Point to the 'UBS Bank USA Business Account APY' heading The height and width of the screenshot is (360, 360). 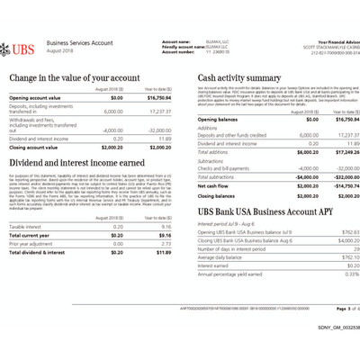point(256,212)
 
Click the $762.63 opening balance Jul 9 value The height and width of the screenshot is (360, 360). point(335,232)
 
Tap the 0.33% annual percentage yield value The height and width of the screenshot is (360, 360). point(337,273)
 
